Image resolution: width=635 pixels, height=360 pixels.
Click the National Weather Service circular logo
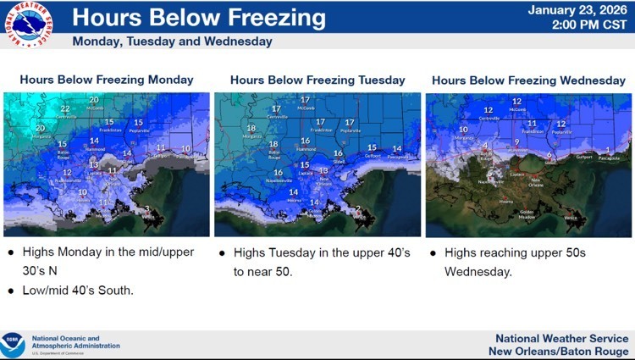coord(27,25)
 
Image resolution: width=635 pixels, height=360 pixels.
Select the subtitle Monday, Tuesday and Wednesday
coord(173,41)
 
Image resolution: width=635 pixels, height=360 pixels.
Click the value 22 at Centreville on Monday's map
coord(64,108)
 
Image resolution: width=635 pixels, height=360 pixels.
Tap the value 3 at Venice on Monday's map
coord(146,208)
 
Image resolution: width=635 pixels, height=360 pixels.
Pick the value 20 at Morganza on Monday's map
coord(39,127)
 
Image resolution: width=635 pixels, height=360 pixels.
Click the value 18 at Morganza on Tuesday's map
coord(250,129)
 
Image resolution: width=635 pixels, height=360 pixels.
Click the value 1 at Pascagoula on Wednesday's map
coord(608,149)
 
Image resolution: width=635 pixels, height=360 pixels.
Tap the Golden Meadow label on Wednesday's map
coord(527,213)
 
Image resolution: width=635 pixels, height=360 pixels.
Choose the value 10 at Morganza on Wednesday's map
coord(462,130)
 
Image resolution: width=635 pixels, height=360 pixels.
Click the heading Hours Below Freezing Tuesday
coord(317,80)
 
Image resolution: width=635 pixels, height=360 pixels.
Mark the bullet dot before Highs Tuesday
coord(222,252)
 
